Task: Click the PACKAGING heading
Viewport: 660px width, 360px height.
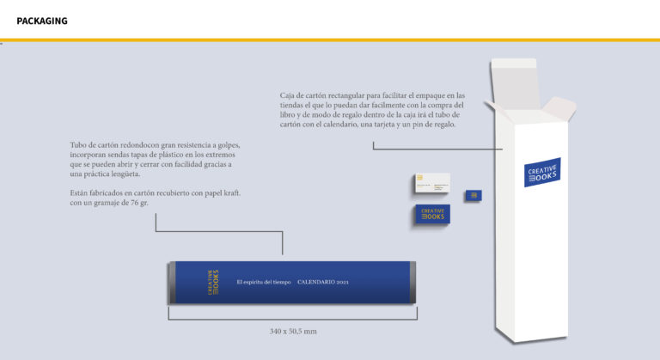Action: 42,21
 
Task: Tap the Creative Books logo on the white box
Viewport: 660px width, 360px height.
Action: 542,172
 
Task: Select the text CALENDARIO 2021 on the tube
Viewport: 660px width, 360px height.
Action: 323,282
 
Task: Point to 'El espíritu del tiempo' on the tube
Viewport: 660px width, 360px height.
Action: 264,282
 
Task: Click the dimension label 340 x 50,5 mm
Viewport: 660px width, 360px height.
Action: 293,330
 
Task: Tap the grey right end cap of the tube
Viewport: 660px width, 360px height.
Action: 412,282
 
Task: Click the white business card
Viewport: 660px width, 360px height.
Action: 432,184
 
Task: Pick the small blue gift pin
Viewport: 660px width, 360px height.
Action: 474,196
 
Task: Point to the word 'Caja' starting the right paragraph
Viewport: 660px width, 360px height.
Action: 289,95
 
